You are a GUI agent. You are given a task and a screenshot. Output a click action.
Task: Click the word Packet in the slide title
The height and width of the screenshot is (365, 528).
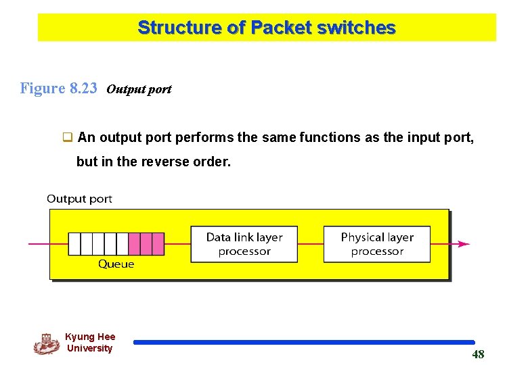278,28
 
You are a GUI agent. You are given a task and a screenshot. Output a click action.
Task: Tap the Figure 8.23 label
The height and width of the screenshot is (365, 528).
59,89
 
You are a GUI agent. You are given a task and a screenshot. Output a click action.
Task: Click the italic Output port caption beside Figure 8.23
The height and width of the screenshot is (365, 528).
139,89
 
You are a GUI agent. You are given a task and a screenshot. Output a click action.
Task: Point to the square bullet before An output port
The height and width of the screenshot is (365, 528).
68,138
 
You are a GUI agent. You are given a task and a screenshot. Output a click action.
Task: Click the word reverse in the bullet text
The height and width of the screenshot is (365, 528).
168,162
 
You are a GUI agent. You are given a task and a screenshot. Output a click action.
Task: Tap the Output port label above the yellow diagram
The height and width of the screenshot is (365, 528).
79,199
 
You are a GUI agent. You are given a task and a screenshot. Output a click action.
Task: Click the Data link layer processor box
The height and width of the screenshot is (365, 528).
244,244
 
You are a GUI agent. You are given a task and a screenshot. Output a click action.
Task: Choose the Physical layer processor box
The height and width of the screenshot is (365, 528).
376,244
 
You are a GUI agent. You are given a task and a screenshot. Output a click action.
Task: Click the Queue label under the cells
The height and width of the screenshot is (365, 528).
116,264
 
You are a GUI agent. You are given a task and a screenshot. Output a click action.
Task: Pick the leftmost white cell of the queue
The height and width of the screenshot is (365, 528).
74,244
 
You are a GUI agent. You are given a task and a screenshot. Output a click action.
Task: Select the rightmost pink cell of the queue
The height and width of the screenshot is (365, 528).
158,244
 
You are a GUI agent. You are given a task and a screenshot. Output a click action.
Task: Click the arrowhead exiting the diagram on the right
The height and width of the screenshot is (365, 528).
464,244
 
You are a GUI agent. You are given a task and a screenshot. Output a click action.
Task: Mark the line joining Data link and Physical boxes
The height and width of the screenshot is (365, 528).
310,244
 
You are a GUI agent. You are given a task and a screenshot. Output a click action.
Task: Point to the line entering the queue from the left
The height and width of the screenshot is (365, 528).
47,244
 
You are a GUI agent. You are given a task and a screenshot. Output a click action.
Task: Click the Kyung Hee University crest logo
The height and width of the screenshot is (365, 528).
46,343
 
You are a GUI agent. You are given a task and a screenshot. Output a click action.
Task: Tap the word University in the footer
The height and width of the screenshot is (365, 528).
89,349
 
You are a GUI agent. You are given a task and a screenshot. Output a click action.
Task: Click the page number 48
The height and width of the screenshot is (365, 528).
478,355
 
